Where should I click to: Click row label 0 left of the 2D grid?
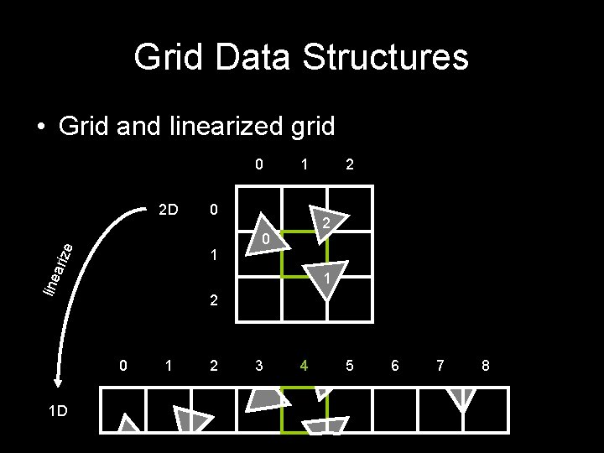tap(215, 208)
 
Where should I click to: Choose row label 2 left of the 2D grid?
tap(215, 299)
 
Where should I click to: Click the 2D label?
tap(169, 208)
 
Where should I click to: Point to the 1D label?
tap(58, 411)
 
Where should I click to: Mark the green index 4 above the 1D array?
tap(305, 366)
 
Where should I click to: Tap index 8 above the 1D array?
tap(485, 366)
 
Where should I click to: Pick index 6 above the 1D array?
tap(395, 366)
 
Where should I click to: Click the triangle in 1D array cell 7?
tap(461, 399)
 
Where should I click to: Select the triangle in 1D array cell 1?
tap(191, 419)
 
